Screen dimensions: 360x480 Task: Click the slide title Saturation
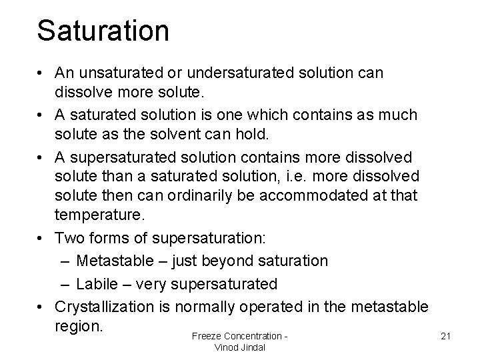(x=103, y=31)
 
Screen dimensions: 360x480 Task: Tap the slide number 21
(x=446, y=335)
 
